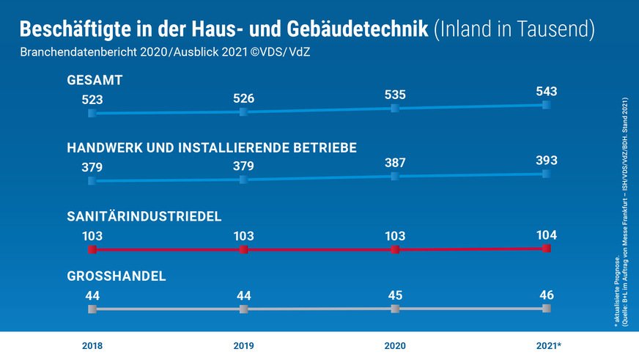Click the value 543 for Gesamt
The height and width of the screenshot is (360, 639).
(x=547, y=92)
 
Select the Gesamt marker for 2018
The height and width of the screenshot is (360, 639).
(x=92, y=114)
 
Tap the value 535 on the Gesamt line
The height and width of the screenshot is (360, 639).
(x=395, y=95)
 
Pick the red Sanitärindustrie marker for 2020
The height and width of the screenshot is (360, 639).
(x=395, y=250)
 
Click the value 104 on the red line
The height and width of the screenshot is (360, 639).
(x=547, y=235)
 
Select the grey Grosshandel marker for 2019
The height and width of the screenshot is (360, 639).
(x=243, y=309)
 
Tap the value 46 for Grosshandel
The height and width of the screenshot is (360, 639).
(x=547, y=295)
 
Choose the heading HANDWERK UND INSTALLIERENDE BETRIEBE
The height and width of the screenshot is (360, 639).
(x=212, y=148)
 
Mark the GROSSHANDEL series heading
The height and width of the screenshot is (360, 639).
(x=116, y=276)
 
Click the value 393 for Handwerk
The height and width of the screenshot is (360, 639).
(x=547, y=161)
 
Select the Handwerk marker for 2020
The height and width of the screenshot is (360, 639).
(x=395, y=177)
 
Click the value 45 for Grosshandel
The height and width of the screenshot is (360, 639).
(x=395, y=296)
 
